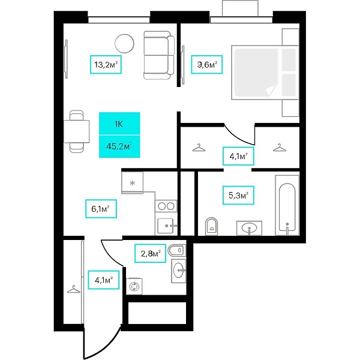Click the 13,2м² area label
pyautogui.click(x=106, y=65)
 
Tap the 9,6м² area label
pyautogui.click(x=207, y=65)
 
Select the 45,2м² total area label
pyautogui.click(x=119, y=146)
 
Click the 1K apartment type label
pyautogui.click(x=119, y=124)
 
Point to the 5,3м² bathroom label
pyautogui.click(x=238, y=196)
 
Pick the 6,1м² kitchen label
pyautogui.click(x=101, y=209)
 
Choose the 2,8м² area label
pyautogui.click(x=150, y=253)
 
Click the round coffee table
pyautogui.click(x=124, y=43)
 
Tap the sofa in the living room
pyautogui.click(x=159, y=55)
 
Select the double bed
pyautogui.click(x=265, y=73)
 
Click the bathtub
pyautogui.click(x=287, y=205)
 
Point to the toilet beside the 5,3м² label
pyautogui.click(x=211, y=226)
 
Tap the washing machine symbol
pyautogui.click(x=134, y=286)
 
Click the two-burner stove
pyautogui.click(x=166, y=206)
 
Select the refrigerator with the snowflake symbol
pyautogui.click(x=133, y=183)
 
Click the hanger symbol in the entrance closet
pyautogui.click(x=74, y=289)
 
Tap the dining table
pyautogui.click(x=76, y=131)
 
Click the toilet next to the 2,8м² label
pyautogui.click(x=177, y=250)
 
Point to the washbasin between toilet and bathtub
pyautogui.click(x=250, y=228)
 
